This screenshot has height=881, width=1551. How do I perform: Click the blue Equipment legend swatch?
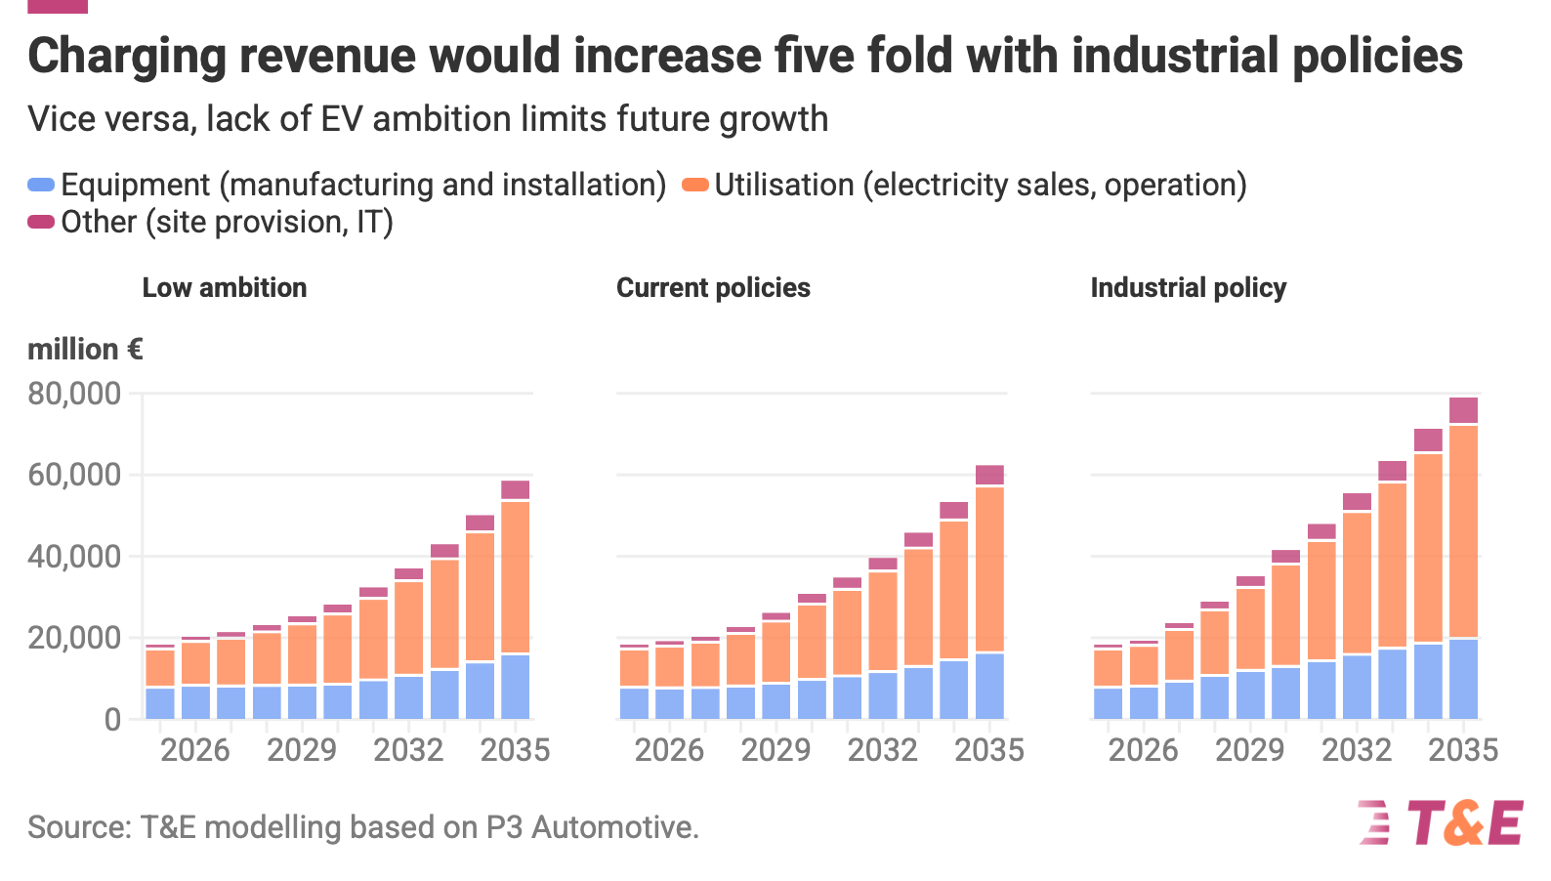[x=41, y=185]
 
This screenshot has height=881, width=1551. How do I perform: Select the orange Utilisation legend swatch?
[x=695, y=185]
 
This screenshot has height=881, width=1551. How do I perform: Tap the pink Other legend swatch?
[x=41, y=222]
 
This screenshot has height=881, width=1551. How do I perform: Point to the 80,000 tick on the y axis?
[x=74, y=394]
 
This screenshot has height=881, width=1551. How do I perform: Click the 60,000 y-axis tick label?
[x=74, y=475]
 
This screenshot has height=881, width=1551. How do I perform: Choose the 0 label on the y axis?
[x=113, y=720]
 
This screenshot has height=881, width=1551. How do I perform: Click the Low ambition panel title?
[x=225, y=287]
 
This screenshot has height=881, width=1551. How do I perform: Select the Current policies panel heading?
[x=713, y=287]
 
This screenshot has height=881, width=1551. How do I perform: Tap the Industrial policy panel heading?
[x=1189, y=287]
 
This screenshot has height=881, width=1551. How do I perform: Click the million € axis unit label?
[x=85, y=349]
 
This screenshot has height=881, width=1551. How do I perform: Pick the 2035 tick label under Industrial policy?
[x=1463, y=750]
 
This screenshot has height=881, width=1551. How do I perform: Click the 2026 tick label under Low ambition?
[x=195, y=750]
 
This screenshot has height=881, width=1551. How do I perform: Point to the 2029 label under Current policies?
[x=775, y=750]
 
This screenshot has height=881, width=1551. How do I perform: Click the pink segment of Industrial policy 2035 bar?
[x=1464, y=410]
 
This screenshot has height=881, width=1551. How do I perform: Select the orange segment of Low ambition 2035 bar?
[x=515, y=577]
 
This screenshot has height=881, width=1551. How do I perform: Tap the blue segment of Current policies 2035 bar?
[x=989, y=686]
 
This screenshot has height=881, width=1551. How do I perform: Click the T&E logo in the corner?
[x=1441, y=822]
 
